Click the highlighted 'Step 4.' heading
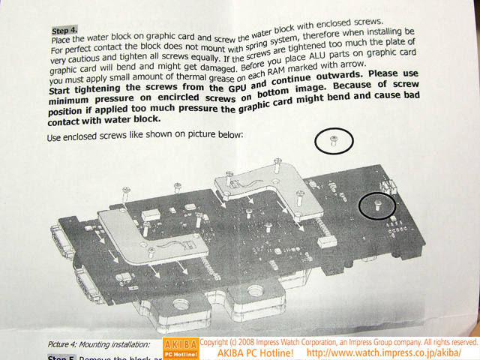[x=64, y=30]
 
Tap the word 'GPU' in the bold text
[x=238, y=88]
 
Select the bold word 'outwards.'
[x=339, y=75]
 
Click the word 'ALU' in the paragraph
[x=318, y=57]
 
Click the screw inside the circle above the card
[x=334, y=141]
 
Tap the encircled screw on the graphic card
[x=377, y=205]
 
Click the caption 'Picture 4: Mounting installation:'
[x=99, y=345]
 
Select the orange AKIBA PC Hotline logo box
[x=181, y=349]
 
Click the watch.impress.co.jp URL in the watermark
[x=384, y=353]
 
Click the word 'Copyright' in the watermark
[x=214, y=342]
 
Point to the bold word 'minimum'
[x=68, y=100]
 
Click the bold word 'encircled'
[x=178, y=98]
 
